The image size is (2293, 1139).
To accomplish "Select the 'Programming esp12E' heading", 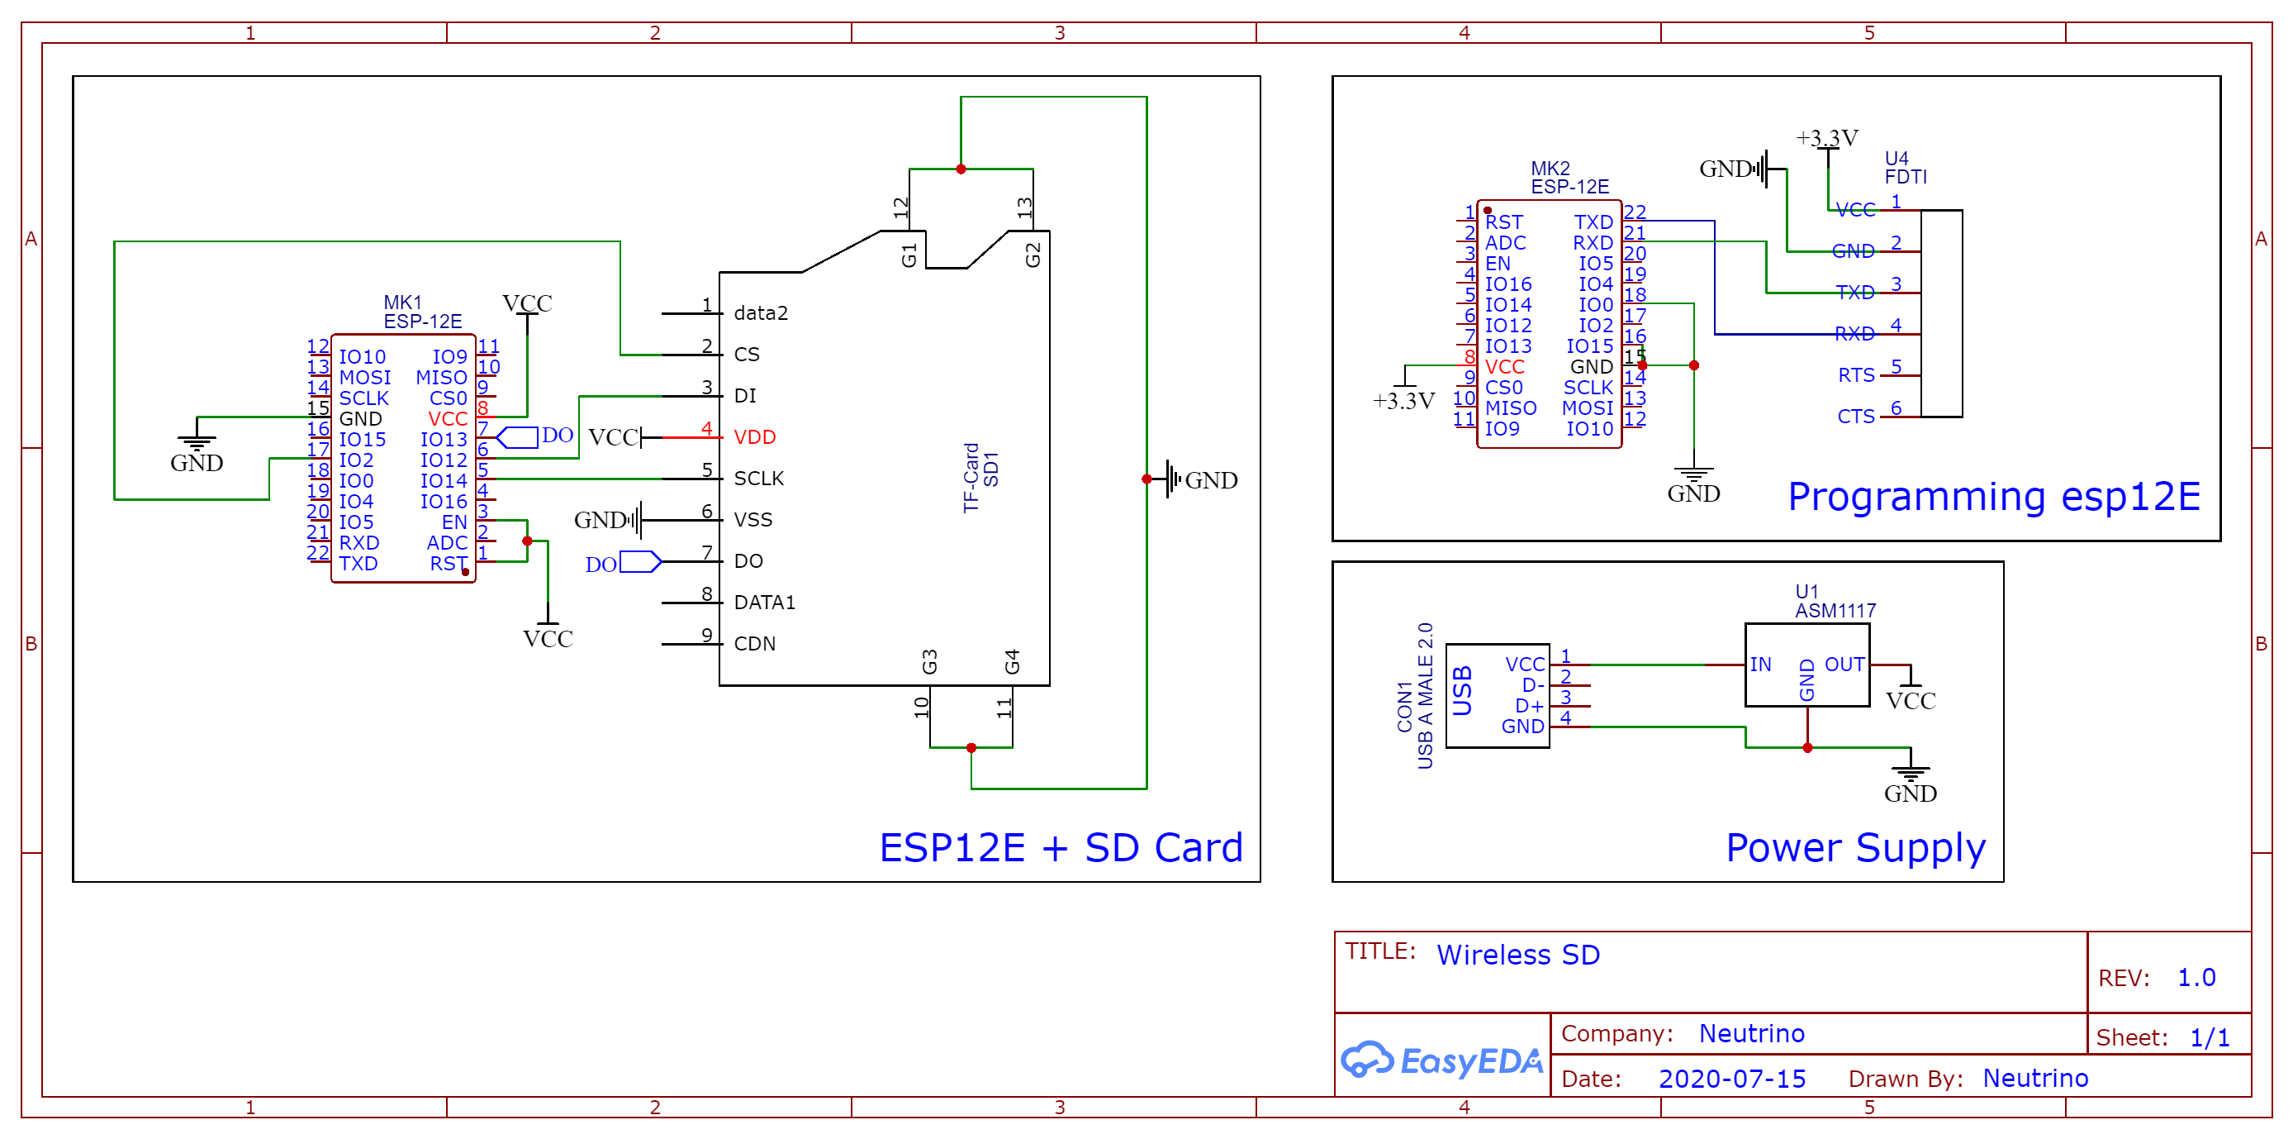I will tap(1993, 496).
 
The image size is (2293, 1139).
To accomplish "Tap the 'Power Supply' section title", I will tap(1855, 847).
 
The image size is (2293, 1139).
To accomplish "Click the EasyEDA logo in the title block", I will tap(1441, 1060).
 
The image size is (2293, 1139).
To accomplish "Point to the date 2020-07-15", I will tap(1731, 1079).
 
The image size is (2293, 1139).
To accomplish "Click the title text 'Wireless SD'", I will tap(1517, 955).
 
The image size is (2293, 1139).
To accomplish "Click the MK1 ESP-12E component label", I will tap(422, 312).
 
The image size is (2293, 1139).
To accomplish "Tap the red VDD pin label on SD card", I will tap(754, 437).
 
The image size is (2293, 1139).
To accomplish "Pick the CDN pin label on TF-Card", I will tap(754, 644).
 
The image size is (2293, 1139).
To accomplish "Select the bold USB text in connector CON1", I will tap(1461, 690).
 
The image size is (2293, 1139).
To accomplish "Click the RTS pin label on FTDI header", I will tap(1856, 376).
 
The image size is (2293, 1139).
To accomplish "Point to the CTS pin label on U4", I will tap(1856, 417).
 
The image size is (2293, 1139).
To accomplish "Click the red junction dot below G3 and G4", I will tap(971, 748).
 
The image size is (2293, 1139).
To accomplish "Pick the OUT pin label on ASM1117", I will tap(1844, 665).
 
